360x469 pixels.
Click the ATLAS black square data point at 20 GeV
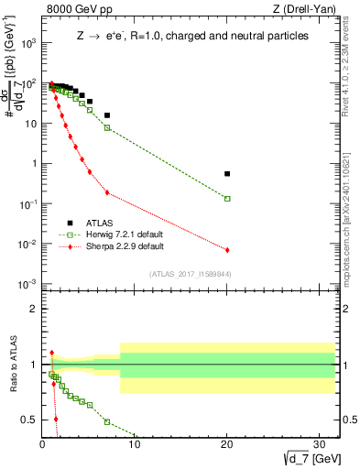[x=227, y=173]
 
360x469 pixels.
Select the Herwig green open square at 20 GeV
[x=227, y=198]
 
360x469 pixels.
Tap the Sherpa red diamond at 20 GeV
[x=227, y=250]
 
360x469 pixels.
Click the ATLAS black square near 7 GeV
[x=107, y=115]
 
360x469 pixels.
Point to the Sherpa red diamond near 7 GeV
[x=107, y=192]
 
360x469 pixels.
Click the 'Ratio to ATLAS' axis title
[x=11, y=365]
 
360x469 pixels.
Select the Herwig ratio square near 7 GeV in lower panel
[x=107, y=421]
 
